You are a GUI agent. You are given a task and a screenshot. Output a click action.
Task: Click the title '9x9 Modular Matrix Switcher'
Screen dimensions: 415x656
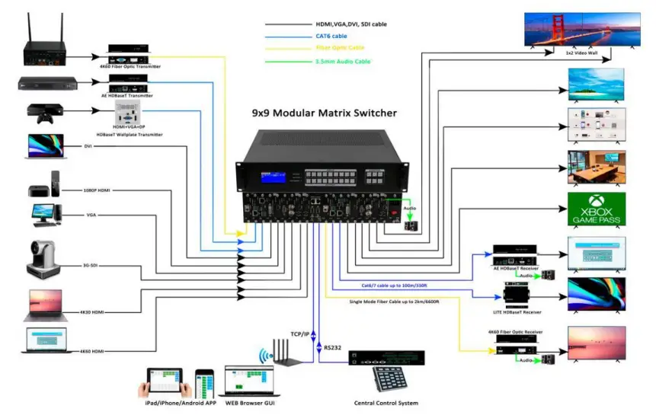click(325, 113)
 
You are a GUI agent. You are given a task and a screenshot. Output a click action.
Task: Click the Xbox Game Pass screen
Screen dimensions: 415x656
click(597, 209)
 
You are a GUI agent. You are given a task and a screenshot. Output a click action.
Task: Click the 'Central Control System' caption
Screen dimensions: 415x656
click(386, 403)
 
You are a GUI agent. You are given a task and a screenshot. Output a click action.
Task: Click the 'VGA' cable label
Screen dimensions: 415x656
click(91, 215)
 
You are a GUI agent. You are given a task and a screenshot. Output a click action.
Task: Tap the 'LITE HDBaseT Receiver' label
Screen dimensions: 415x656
click(522, 312)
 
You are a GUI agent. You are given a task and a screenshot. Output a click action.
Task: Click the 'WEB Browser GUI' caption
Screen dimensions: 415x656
click(249, 403)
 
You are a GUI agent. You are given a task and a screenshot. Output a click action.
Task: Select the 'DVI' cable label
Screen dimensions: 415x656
click(90, 145)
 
